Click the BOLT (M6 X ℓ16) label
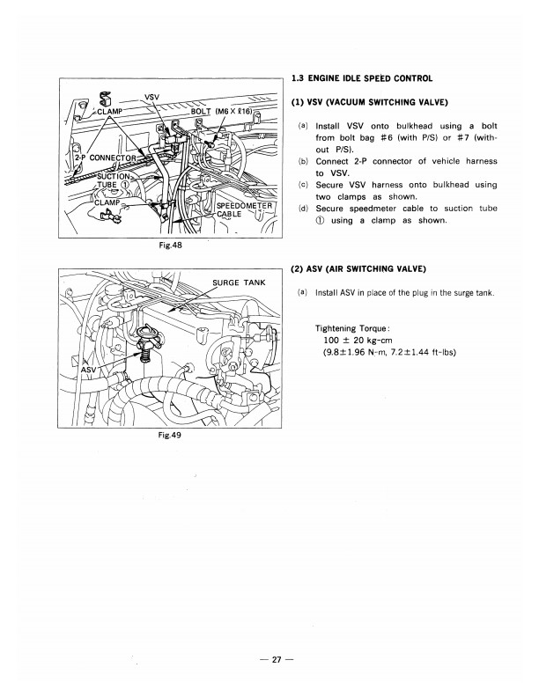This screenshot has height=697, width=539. (x=224, y=112)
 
